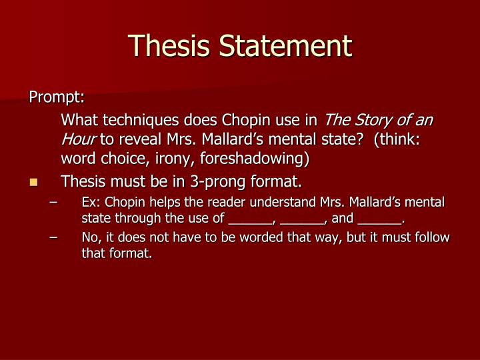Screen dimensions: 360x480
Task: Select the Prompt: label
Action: [x=57, y=97]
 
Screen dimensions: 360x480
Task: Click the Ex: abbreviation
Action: [x=91, y=202]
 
